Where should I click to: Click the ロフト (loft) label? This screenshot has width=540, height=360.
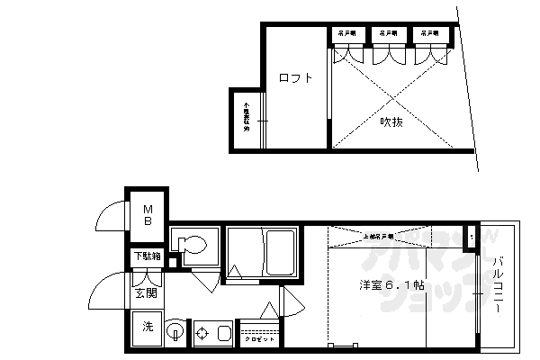pos(295,78)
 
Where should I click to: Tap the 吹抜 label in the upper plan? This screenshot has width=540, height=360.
pos(390,121)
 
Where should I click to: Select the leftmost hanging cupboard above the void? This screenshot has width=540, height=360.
pos(346,34)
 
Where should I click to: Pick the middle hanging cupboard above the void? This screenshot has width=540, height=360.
pos(389,34)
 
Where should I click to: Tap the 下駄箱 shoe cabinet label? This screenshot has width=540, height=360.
pos(148,256)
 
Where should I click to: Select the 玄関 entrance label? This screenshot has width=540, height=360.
pos(146,292)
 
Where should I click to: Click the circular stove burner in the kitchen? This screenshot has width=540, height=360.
pos(202,333)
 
